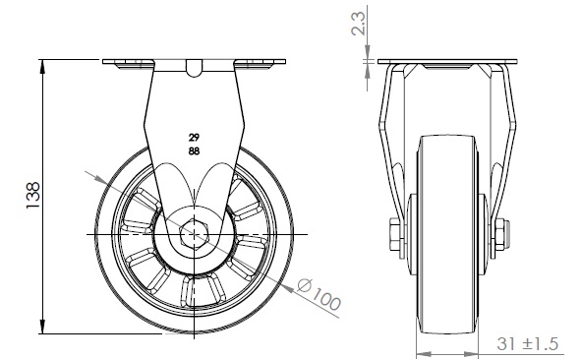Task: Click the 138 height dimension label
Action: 33,195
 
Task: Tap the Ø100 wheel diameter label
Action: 320,294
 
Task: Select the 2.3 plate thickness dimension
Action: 359,23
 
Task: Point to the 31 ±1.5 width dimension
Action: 527,343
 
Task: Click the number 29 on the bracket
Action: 194,138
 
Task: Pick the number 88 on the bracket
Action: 194,150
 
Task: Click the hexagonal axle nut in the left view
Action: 195,234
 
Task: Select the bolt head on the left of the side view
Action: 394,234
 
